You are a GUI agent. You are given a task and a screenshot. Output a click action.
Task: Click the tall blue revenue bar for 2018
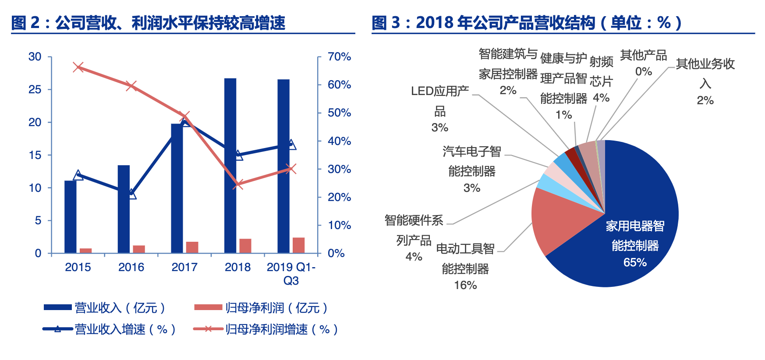(230, 166)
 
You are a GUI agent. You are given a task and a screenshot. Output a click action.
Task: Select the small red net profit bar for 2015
(86, 251)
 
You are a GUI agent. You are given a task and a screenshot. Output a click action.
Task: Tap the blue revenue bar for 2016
(124, 209)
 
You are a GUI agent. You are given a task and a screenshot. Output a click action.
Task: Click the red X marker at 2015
(78, 67)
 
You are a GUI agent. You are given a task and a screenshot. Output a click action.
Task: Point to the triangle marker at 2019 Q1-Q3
(291, 145)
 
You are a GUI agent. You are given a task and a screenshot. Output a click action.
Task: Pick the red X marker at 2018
(238, 184)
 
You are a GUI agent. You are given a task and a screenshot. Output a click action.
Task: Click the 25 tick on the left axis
(35, 89)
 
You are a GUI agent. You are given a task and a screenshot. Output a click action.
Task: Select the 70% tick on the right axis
(339, 56)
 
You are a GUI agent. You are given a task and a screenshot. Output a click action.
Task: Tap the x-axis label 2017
(184, 267)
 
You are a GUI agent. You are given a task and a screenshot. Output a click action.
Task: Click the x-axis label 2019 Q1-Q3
(291, 273)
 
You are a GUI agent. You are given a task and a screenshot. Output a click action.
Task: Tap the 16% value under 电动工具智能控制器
(465, 285)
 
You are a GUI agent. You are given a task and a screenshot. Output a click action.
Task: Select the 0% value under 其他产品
(643, 71)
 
